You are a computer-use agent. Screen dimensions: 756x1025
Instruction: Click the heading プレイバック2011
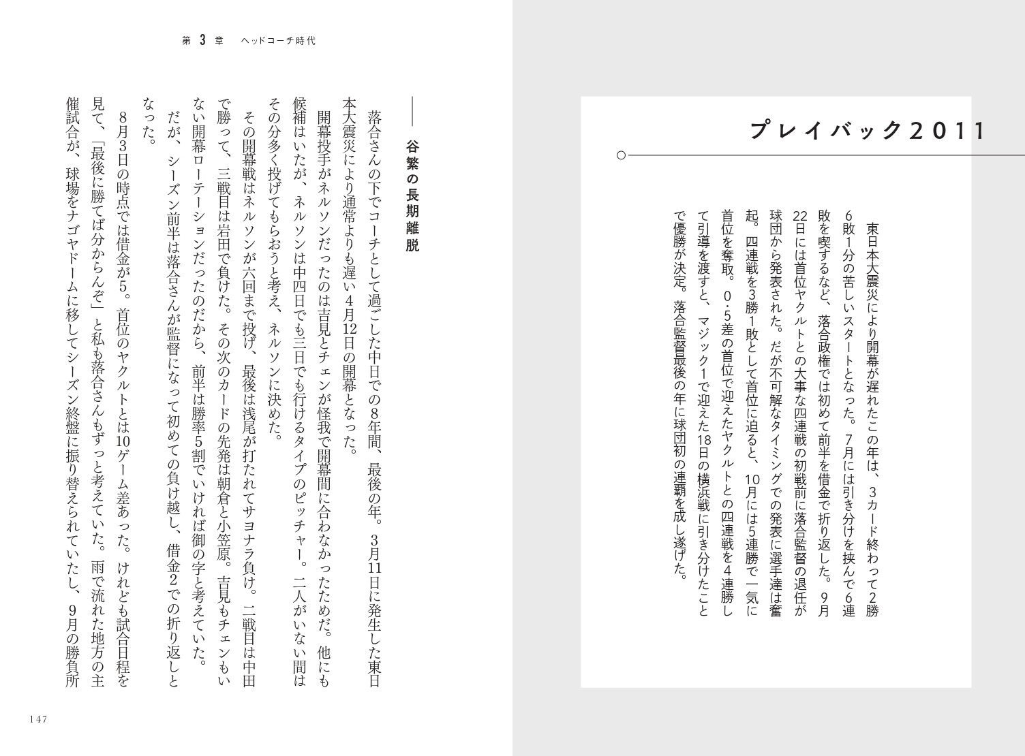tap(867, 131)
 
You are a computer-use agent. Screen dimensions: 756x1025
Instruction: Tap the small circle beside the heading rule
tap(621, 156)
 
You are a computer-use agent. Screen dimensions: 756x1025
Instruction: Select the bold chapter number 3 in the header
tap(202, 41)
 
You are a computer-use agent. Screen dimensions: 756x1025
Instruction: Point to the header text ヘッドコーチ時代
tap(279, 41)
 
